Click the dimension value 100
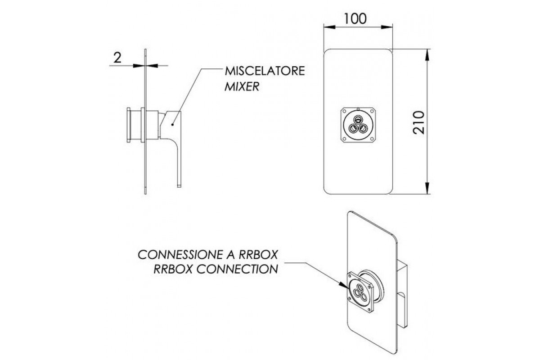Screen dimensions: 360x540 (x=355, y=18)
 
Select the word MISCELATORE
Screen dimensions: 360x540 (x=265, y=72)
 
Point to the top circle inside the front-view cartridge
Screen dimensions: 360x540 (x=359, y=119)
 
